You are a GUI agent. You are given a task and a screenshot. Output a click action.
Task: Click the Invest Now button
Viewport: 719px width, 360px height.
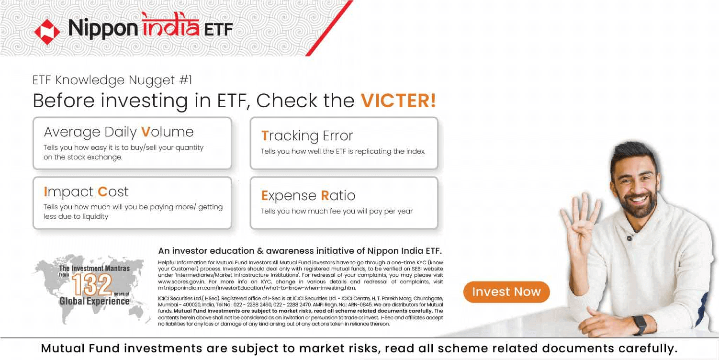506,292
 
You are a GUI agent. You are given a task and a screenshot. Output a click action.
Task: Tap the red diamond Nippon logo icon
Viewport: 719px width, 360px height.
47,32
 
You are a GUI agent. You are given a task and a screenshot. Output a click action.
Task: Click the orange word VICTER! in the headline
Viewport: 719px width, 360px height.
398,101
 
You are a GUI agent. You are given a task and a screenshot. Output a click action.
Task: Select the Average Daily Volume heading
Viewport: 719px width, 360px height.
119,132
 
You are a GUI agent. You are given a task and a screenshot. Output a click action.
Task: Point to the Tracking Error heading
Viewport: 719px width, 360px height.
307,135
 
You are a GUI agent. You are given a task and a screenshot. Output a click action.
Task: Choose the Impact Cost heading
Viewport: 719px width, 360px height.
86,191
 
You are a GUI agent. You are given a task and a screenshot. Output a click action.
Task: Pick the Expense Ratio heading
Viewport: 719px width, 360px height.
308,195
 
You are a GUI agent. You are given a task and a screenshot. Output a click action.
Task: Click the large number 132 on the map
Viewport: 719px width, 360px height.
92,285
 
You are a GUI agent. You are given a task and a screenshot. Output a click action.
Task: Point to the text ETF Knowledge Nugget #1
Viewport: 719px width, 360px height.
112,80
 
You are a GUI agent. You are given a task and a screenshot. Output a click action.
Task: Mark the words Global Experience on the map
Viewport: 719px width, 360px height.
94,301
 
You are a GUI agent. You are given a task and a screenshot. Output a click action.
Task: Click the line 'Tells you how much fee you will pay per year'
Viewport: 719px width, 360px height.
337,211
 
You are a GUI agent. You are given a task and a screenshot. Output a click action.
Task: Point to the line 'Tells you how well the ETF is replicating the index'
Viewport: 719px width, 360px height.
343,151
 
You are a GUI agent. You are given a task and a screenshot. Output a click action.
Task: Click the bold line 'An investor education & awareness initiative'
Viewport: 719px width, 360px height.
300,251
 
